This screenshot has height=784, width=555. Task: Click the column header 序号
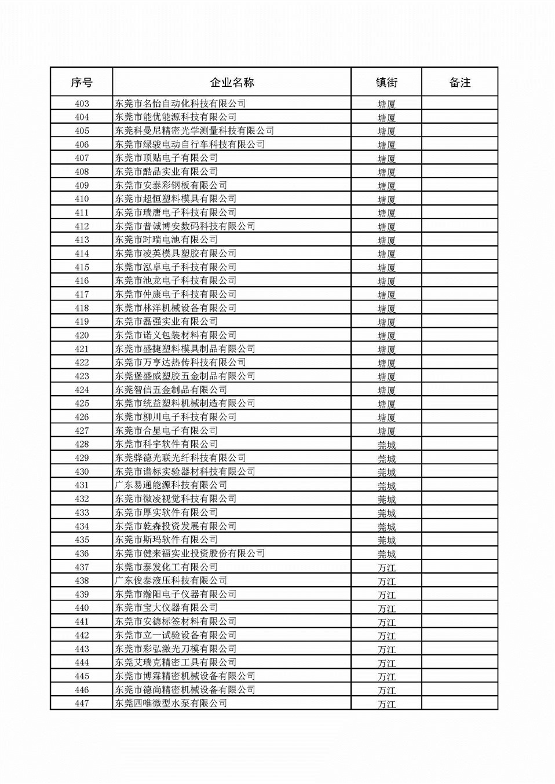click(82, 82)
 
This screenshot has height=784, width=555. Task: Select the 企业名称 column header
click(232, 82)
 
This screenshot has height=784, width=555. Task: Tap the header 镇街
click(386, 82)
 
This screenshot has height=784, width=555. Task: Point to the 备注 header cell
click(459, 82)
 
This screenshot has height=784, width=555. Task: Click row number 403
click(82, 104)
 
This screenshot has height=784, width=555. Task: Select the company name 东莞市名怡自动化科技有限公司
click(180, 104)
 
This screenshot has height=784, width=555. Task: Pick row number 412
click(82, 226)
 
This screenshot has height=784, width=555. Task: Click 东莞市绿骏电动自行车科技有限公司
click(189, 144)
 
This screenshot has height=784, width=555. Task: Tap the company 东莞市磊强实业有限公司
click(166, 321)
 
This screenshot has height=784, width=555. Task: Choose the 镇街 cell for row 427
click(386, 431)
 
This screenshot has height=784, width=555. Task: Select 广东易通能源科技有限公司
click(171, 485)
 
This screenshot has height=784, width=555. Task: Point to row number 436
click(82, 554)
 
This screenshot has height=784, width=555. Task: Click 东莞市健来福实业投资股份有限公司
click(189, 554)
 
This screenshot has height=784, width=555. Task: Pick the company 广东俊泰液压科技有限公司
click(171, 581)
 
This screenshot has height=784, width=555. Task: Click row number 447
click(82, 704)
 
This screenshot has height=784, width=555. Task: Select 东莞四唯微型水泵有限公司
click(171, 704)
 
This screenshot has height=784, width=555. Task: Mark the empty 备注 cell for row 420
click(459, 335)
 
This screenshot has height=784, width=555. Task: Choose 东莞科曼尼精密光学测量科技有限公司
click(194, 131)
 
